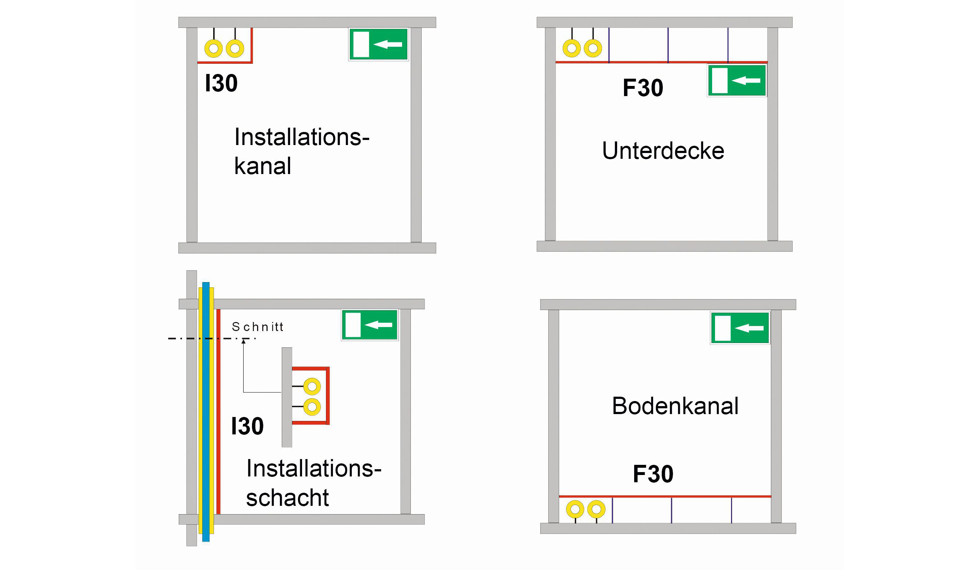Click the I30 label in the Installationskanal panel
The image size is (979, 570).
(221, 83)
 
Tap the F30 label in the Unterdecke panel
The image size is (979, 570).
(643, 88)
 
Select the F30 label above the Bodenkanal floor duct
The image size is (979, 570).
(653, 474)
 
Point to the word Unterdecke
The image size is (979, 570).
(663, 151)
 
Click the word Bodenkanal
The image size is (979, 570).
(675, 406)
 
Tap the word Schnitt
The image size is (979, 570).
(257, 327)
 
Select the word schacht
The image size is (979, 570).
(288, 497)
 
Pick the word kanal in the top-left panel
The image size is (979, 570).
(263, 166)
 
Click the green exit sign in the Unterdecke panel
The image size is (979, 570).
(737, 80)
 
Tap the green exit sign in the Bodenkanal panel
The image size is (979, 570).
(740, 328)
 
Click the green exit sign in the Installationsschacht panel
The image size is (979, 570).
(370, 325)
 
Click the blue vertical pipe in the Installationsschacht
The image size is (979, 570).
(206, 412)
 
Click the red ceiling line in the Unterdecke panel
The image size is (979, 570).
(662, 62)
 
